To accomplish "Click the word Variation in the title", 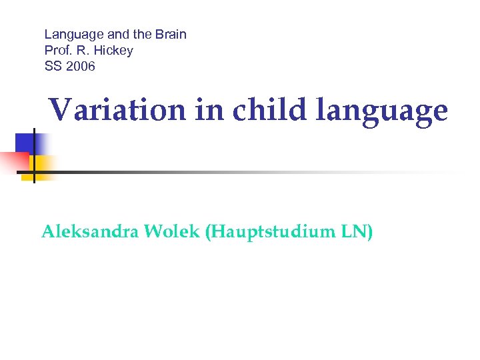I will point(117,110).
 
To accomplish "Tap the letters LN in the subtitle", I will point(356,232).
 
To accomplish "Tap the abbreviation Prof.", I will point(57,50).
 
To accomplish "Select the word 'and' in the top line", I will point(113,34).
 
